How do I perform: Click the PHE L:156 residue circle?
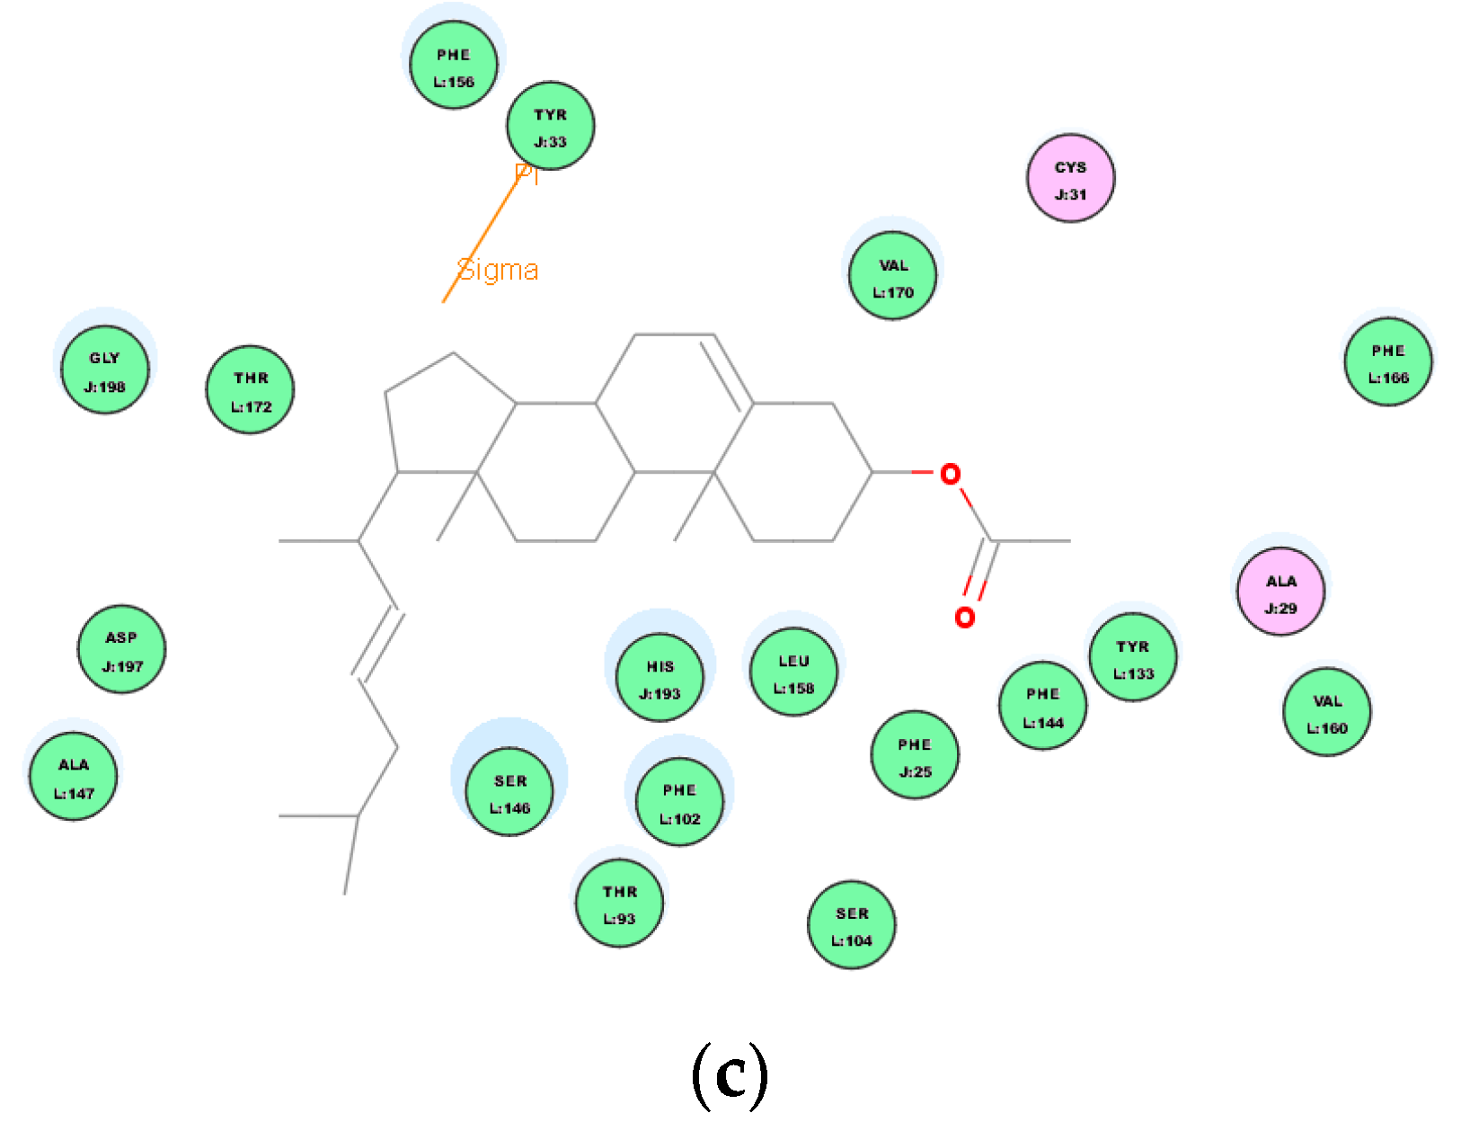coord(454,67)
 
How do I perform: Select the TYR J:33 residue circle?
coord(550,127)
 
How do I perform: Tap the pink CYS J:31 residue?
coord(1070,179)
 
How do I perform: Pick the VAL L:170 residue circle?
coord(892,277)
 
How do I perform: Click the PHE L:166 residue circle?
coord(1387,362)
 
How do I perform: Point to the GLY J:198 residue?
coord(105,370)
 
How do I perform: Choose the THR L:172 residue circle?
coord(250,390)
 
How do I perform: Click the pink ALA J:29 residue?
coord(1280,593)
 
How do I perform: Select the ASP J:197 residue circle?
coord(121,650)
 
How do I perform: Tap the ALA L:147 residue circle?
coord(74,778)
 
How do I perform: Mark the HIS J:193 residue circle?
coord(660,679)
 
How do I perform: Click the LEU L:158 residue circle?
coord(793,673)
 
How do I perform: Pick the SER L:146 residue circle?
coord(509,793)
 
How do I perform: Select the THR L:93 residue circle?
coord(619,904)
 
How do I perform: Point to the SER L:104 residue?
coord(852,925)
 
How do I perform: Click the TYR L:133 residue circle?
coord(1132,659)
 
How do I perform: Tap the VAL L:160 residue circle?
coord(1327,713)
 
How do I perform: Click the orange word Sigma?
coord(498,270)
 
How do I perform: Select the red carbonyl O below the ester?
coord(964,618)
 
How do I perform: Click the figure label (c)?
coord(730,1074)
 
